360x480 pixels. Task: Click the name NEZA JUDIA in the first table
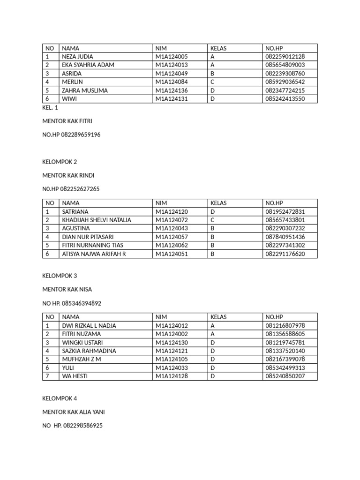click(x=77, y=57)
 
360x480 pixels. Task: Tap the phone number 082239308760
click(x=285, y=74)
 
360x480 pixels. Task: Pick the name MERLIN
click(x=72, y=82)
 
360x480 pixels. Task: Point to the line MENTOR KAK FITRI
click(x=67, y=121)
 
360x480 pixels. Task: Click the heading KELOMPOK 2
click(x=60, y=162)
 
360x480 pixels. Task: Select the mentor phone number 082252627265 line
click(x=71, y=189)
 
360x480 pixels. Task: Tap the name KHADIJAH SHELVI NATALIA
click(x=97, y=220)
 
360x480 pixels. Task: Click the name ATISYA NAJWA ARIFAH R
click(x=94, y=254)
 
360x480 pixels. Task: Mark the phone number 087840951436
click(x=285, y=237)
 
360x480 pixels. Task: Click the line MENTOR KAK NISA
click(x=67, y=290)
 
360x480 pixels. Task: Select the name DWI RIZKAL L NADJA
click(x=89, y=326)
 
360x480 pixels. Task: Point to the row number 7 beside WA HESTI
click(x=47, y=376)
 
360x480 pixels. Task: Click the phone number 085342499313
click(x=285, y=368)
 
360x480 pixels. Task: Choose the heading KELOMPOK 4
click(x=60, y=398)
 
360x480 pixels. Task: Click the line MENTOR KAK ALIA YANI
click(x=74, y=412)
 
